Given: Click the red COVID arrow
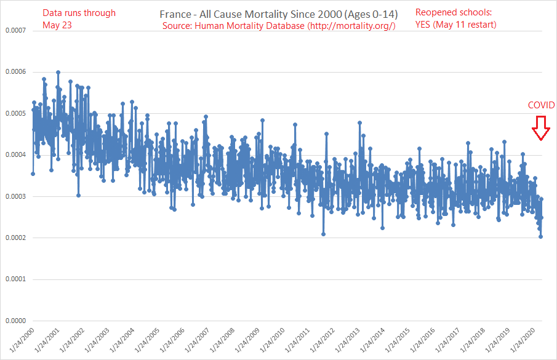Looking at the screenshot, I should coord(541,128).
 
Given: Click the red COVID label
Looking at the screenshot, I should coord(542,105).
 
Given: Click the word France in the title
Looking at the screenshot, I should coord(174,14).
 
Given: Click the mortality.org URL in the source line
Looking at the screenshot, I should coord(351,26).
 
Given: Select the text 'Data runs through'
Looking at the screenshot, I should coord(79,13).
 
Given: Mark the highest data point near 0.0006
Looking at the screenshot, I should coord(58,72).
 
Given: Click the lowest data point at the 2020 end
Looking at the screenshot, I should coord(541,236).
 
